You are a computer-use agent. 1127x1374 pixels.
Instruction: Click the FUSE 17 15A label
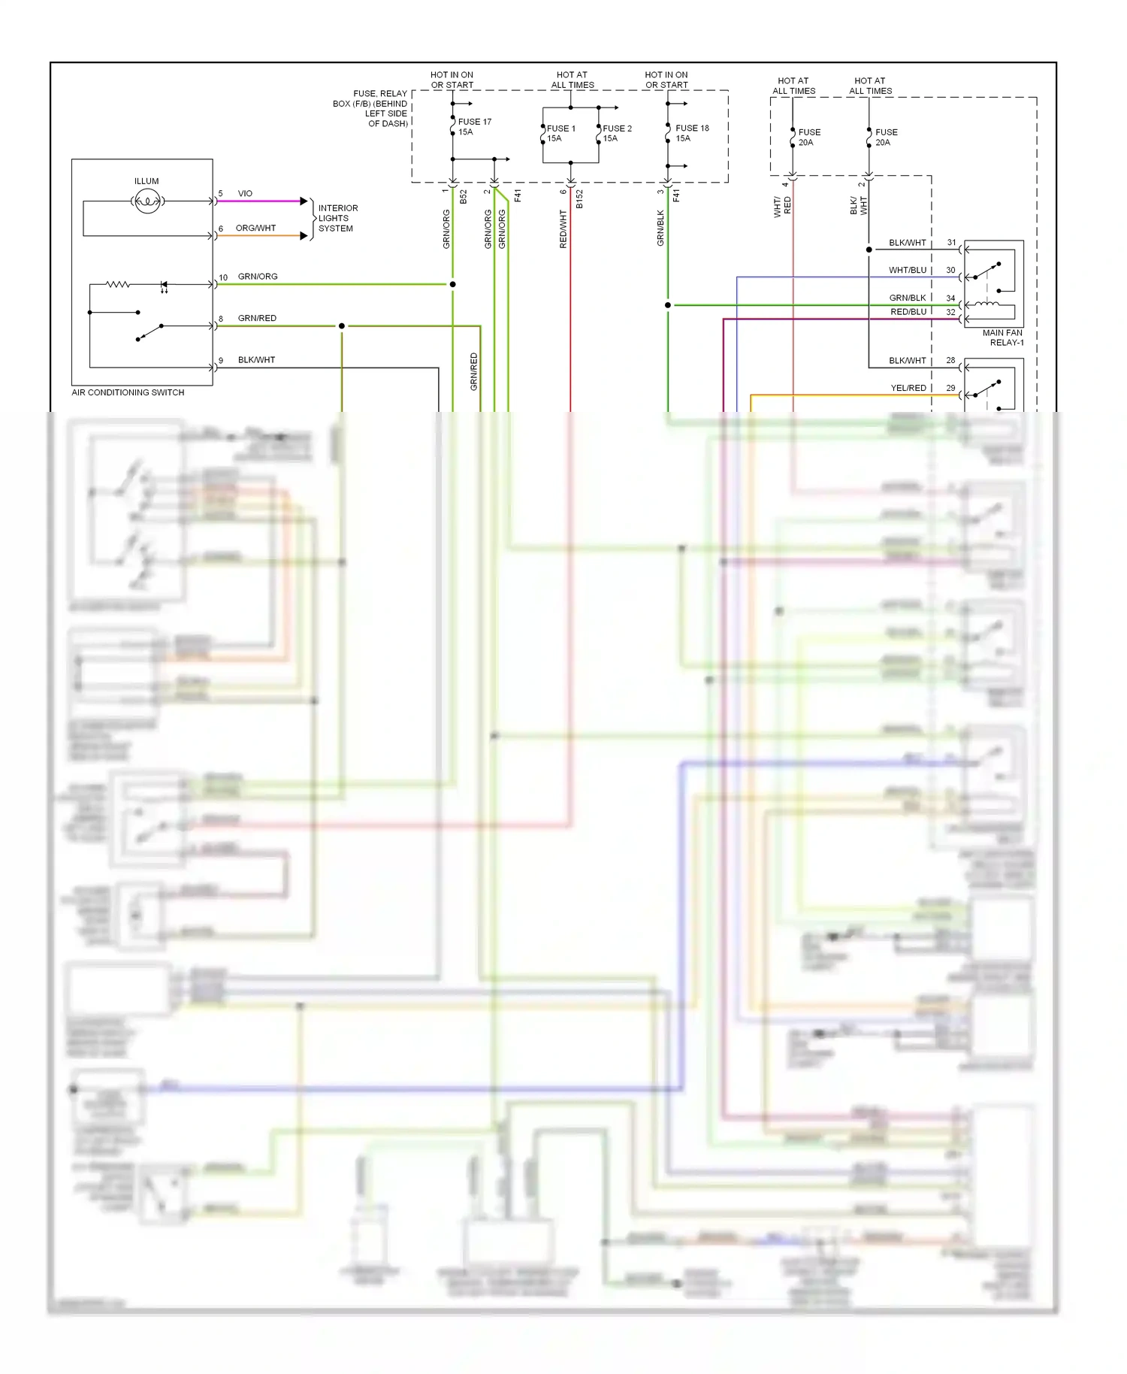(x=474, y=126)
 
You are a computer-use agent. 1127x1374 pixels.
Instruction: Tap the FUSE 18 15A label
(x=691, y=133)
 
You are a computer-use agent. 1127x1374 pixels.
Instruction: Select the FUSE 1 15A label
(x=560, y=133)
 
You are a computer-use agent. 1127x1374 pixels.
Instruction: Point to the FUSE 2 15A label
(x=616, y=133)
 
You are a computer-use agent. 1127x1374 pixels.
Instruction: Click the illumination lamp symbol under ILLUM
(x=147, y=201)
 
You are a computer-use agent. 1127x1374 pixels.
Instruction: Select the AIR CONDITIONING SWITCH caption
(x=128, y=392)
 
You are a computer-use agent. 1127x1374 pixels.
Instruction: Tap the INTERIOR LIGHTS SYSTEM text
(x=337, y=218)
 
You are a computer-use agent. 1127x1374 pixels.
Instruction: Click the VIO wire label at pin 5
(x=245, y=194)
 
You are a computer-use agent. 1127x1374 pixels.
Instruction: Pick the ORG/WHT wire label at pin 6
(x=255, y=228)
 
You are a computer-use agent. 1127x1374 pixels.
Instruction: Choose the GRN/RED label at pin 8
(x=257, y=318)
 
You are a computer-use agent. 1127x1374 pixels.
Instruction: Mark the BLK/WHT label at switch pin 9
(x=256, y=360)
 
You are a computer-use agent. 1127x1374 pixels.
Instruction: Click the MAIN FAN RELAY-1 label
(x=1003, y=337)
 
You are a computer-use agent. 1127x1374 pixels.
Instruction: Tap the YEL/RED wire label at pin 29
(x=908, y=388)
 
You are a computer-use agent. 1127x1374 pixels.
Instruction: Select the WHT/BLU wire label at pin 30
(x=907, y=270)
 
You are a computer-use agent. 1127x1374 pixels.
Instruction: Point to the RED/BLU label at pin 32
(x=908, y=312)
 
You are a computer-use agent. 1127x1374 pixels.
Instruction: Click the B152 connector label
(x=579, y=198)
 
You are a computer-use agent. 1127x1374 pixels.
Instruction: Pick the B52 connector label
(x=464, y=196)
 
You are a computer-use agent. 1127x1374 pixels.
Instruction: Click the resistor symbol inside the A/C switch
(x=117, y=284)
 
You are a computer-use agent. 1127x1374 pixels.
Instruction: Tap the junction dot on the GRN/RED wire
(x=342, y=326)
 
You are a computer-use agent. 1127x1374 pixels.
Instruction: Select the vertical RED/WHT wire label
(x=563, y=228)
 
